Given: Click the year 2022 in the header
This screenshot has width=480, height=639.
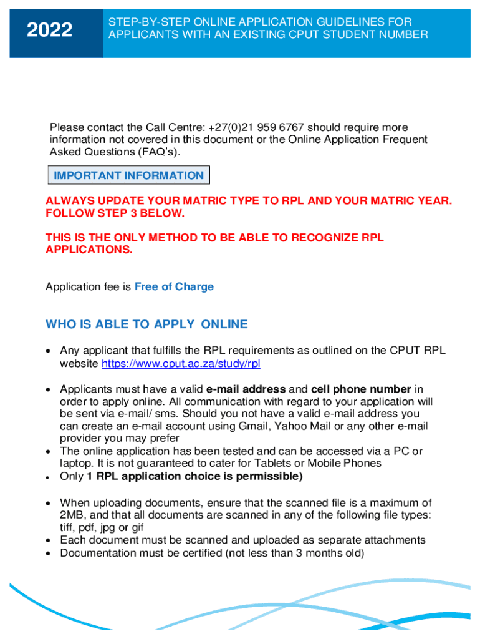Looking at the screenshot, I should pyautogui.click(x=50, y=30).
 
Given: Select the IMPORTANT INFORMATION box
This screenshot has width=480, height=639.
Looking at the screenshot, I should pyautogui.click(x=128, y=175).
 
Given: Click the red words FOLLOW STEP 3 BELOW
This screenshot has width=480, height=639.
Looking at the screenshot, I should pyautogui.click(x=115, y=213).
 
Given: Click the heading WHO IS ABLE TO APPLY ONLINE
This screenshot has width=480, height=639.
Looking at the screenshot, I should pyautogui.click(x=146, y=324).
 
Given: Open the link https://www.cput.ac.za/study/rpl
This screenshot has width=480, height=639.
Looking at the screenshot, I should pyautogui.click(x=181, y=364).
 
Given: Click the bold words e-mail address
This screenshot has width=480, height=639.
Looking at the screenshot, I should pyautogui.click(x=246, y=389).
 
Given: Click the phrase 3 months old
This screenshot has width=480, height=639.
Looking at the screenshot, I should pyautogui.click(x=328, y=553).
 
